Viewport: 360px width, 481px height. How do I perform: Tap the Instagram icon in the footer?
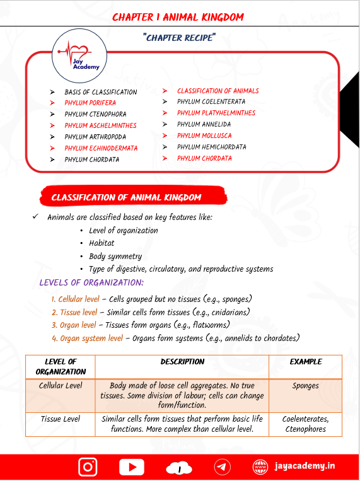click(88, 467)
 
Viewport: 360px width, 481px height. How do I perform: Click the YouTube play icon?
click(131, 467)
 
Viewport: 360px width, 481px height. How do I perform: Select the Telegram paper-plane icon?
click(222, 467)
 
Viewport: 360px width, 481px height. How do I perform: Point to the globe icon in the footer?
click(260, 467)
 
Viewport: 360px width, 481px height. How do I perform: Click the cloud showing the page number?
click(180, 468)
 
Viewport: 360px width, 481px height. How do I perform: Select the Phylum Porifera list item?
click(90, 103)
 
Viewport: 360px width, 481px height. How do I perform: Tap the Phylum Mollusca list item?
click(204, 136)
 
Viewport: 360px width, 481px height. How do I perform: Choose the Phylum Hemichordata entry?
click(212, 147)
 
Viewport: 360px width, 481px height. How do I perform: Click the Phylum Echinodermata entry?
click(101, 148)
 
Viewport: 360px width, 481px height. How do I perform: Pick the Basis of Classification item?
click(100, 92)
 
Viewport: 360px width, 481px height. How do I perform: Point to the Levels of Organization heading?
click(91, 282)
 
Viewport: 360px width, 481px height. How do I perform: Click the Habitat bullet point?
click(102, 243)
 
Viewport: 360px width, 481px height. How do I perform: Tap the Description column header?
click(182, 362)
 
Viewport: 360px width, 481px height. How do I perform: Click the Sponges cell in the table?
click(305, 385)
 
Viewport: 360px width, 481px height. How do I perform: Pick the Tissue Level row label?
click(61, 419)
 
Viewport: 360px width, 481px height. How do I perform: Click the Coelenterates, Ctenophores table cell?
click(305, 424)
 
